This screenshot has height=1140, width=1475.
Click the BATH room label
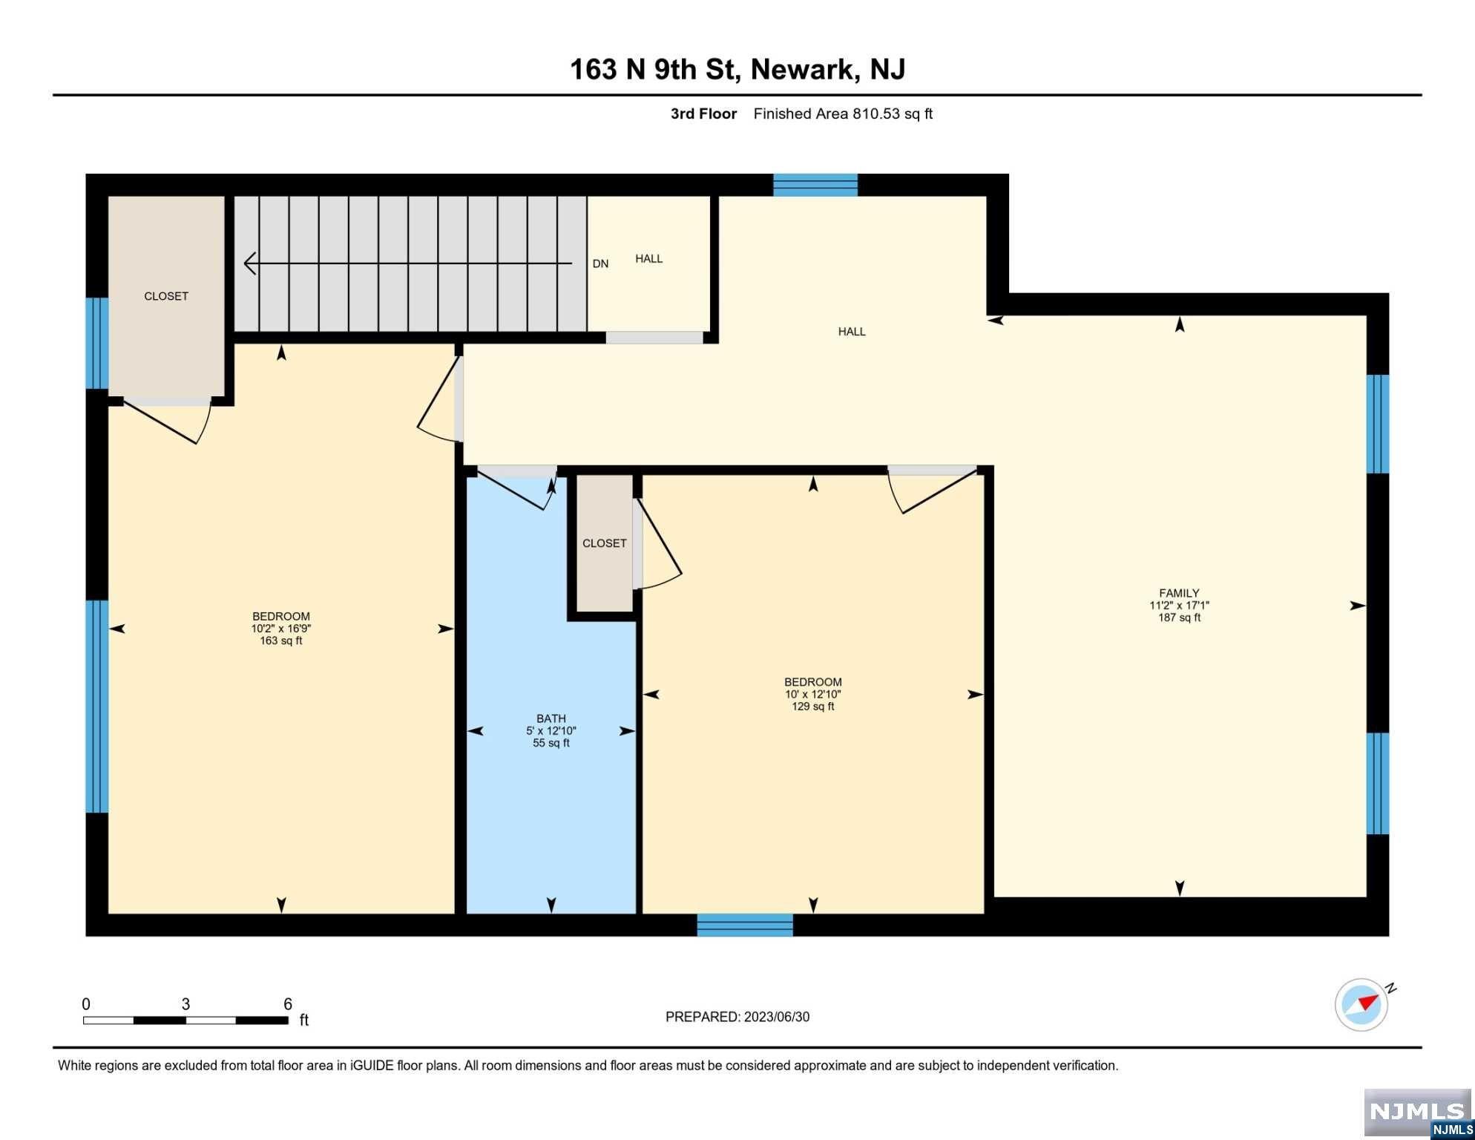coord(551,718)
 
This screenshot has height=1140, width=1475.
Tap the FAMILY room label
coord(1179,593)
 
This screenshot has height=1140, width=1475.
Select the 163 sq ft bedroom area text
coord(281,641)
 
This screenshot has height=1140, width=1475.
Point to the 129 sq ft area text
coord(813,707)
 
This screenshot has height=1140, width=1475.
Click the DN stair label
coord(600,263)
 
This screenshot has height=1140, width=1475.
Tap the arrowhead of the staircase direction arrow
coord(250,263)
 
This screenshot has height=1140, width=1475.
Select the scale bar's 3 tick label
coord(185,1004)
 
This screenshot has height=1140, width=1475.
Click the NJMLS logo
coord(1417,1113)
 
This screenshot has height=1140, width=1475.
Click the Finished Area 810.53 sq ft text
coord(843,114)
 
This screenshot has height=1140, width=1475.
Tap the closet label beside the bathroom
coord(605,543)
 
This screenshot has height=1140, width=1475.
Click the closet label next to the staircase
coord(166,296)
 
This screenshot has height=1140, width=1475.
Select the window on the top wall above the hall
coord(815,185)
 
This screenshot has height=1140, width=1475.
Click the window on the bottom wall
coord(745,925)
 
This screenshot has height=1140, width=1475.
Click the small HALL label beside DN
coord(649,258)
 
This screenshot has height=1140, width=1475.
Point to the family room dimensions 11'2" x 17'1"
coord(1179,606)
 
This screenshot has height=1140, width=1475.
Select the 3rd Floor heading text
coord(703,114)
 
